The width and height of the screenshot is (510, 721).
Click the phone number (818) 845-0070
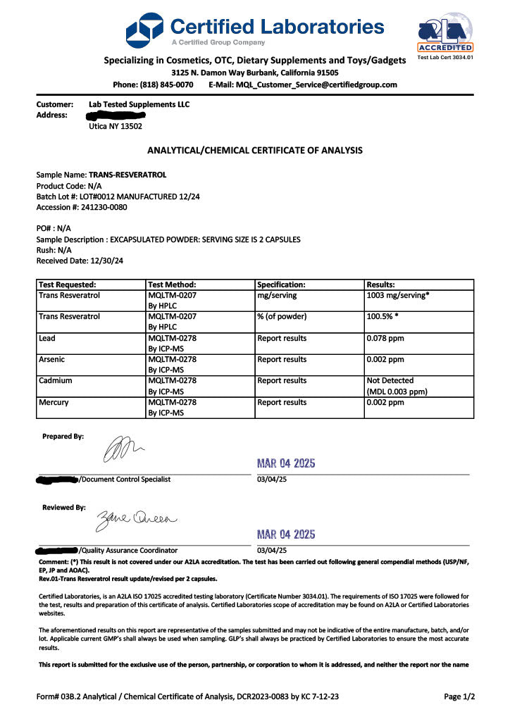click(163, 84)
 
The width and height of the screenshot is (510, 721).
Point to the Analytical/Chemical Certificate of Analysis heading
click(255, 150)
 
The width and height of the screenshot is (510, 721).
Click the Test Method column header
click(172, 284)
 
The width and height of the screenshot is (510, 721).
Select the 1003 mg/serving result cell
click(398, 296)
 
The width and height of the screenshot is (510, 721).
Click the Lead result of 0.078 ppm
click(385, 338)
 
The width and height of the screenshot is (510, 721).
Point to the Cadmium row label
click(56, 381)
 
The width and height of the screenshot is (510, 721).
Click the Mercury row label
click(54, 403)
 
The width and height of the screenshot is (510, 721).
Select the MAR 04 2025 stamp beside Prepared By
click(286, 463)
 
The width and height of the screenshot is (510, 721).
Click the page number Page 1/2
click(459, 696)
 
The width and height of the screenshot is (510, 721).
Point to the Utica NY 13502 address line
click(116, 127)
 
